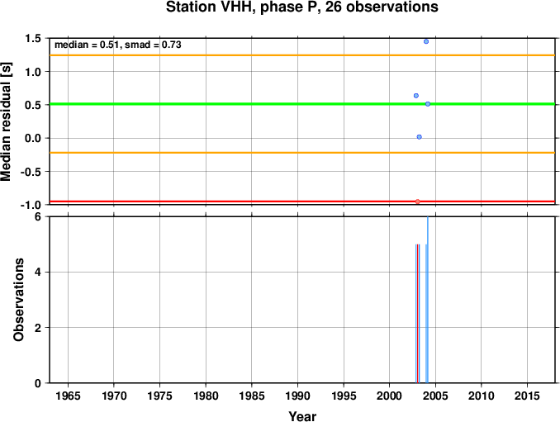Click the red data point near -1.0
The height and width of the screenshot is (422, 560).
[x=417, y=202]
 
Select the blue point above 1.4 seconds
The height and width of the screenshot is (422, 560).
[x=426, y=42]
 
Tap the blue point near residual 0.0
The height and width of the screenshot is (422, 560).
[x=420, y=137]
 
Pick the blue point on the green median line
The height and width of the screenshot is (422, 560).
[x=428, y=104]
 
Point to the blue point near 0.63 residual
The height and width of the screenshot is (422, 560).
[x=416, y=96]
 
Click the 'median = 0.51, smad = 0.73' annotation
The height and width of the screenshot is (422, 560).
[x=118, y=45]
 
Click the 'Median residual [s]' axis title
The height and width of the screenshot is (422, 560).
[x=6, y=121]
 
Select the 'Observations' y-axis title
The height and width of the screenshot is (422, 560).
[x=18, y=300]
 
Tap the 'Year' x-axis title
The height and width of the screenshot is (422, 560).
[x=302, y=416]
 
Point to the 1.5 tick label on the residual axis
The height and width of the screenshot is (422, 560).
[x=33, y=38]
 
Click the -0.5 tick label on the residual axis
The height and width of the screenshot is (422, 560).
[x=31, y=172]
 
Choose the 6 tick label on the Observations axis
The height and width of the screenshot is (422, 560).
[x=38, y=217]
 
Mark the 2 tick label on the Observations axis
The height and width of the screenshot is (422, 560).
[x=38, y=328]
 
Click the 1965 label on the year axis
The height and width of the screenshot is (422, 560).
[x=68, y=396]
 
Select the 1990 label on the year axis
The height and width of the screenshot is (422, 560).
[x=297, y=396]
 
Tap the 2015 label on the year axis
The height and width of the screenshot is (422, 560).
[x=527, y=396]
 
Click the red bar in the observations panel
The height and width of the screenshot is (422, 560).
[x=417, y=314]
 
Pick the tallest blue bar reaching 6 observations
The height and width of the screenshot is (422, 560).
[x=428, y=300]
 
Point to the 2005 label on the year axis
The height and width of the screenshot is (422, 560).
[x=435, y=396]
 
